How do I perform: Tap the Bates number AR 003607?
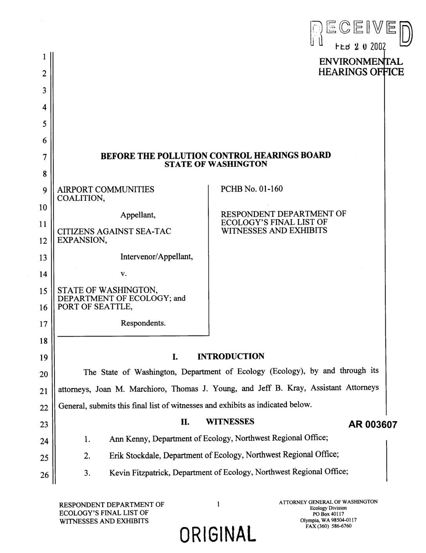pos(373,425)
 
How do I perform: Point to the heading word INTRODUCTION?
pos(231,356)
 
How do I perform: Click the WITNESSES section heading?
pos(230,422)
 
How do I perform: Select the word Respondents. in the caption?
pos(143,323)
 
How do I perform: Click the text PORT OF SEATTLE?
pos(95,307)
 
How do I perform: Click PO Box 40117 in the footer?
pos(328,514)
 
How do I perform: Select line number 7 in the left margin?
pos(44,157)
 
